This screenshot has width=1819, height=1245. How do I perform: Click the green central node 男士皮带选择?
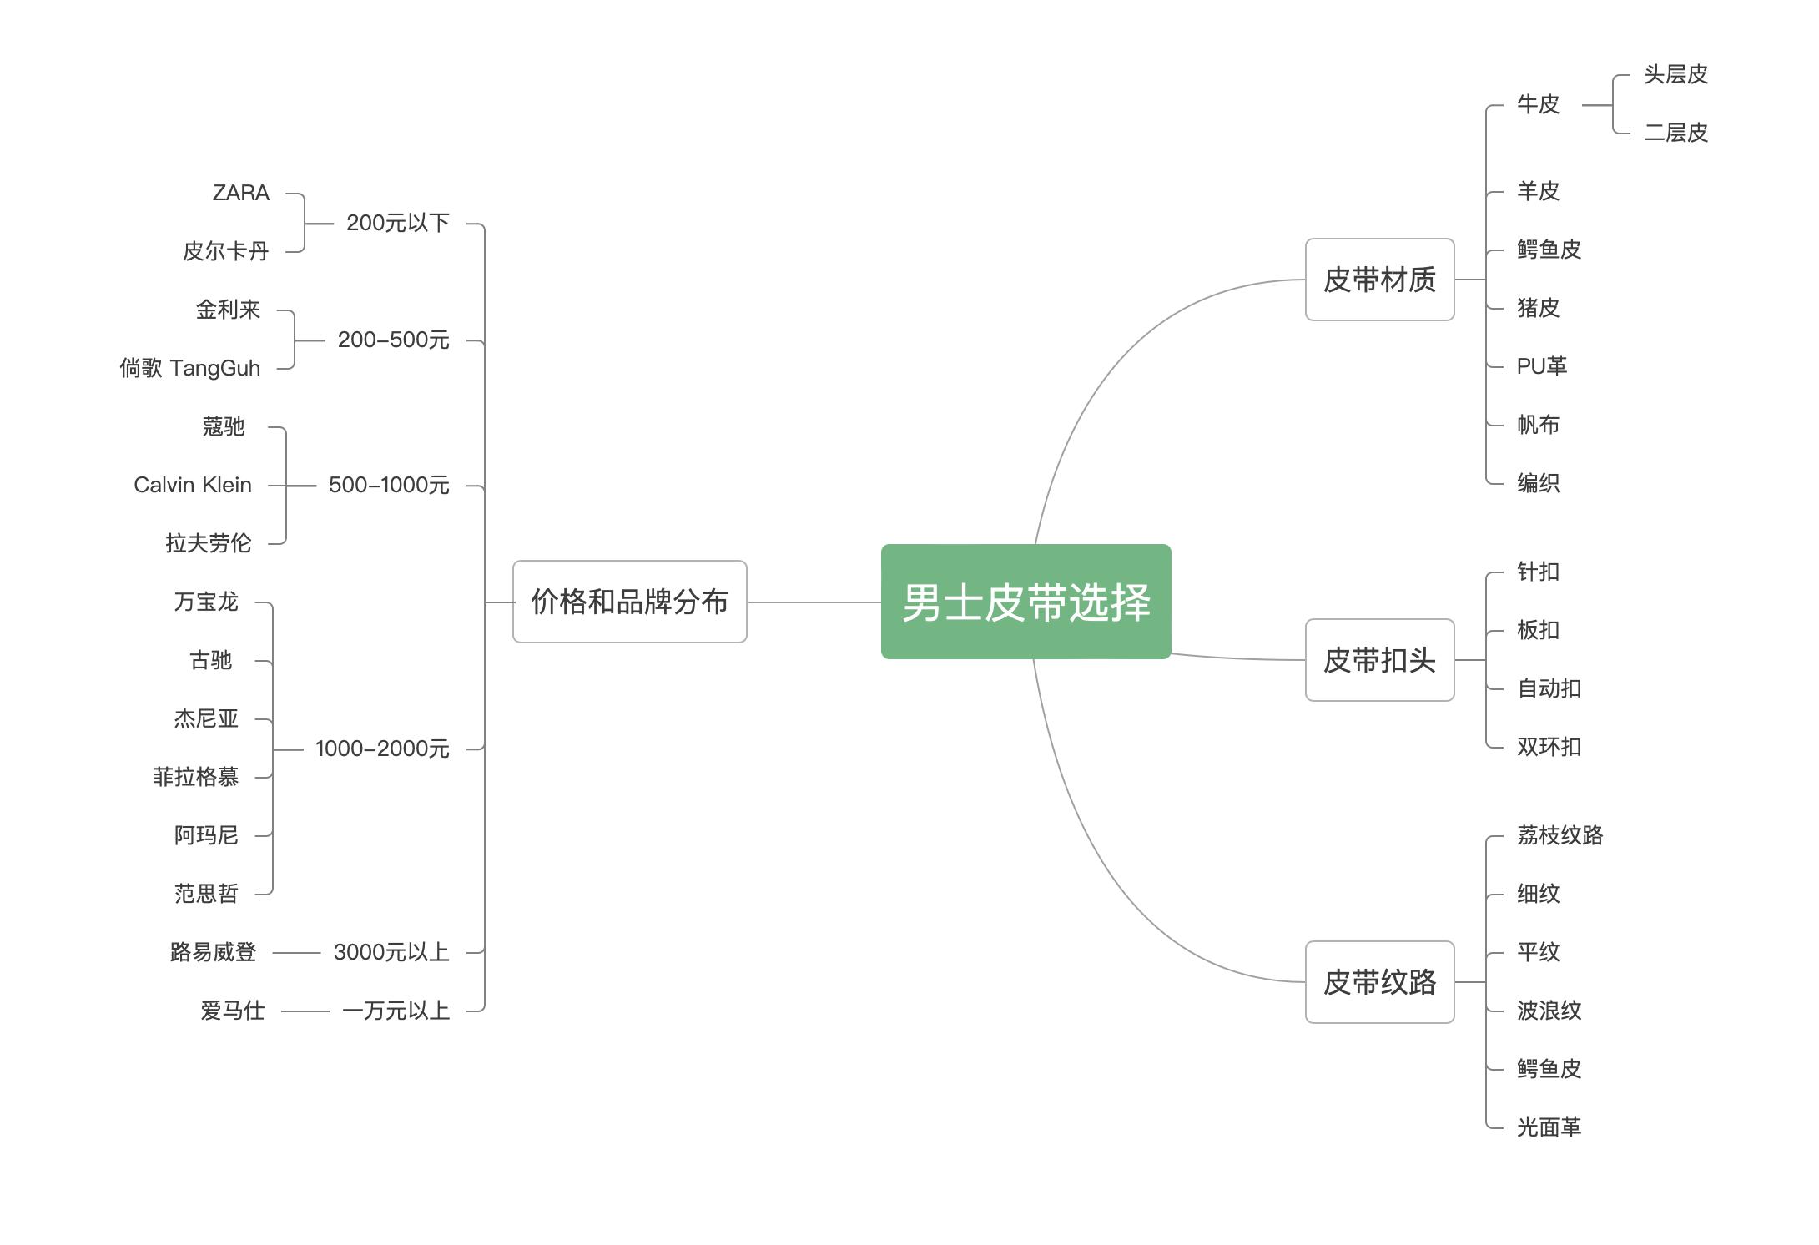[1025, 602]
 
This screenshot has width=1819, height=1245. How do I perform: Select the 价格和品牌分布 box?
[629, 602]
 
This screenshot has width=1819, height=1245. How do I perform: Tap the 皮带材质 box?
[1379, 280]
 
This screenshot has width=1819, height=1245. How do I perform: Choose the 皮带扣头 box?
[1379, 660]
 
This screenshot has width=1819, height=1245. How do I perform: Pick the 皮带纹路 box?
[1379, 982]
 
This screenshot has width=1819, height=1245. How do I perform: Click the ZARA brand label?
[241, 193]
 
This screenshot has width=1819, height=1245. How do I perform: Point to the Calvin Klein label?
[193, 485]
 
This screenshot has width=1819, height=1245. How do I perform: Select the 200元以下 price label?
[397, 223]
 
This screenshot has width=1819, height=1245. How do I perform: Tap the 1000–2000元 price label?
[382, 749]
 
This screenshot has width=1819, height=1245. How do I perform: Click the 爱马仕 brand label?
[232, 1011]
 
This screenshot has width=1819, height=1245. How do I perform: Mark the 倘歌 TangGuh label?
[190, 368]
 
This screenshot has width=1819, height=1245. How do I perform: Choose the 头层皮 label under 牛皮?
[1675, 74]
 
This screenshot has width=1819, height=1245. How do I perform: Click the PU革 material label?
[1541, 366]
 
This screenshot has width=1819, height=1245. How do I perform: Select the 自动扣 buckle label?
[1549, 688]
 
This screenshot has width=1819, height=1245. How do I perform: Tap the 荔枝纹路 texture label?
[1560, 835]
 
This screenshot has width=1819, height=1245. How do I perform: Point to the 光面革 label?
[1549, 1127]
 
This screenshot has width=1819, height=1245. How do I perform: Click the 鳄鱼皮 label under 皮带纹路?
[1549, 1069]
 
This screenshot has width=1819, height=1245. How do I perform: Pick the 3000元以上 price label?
[391, 952]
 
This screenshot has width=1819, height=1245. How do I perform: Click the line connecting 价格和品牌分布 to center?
[814, 602]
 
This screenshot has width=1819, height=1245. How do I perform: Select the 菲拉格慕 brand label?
[195, 777]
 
